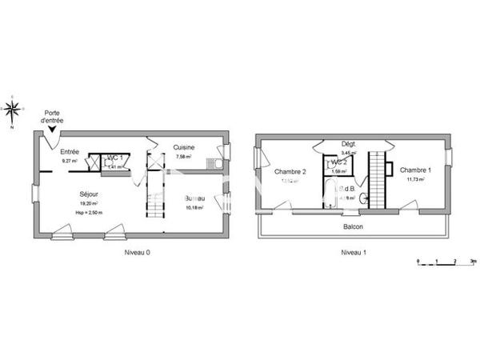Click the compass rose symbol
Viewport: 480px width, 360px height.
pyautogui.click(x=13, y=110)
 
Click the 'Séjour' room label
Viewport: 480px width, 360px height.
pyautogui.click(x=89, y=194)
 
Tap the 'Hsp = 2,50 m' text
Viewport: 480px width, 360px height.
pyautogui.click(x=89, y=212)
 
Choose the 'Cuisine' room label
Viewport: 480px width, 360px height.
pyautogui.click(x=186, y=147)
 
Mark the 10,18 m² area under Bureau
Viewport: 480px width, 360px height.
pyautogui.click(x=194, y=207)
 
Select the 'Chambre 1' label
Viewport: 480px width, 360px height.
pyautogui.click(x=416, y=170)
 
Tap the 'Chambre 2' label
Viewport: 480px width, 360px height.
pyautogui.click(x=290, y=171)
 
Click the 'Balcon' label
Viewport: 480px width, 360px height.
pyautogui.click(x=353, y=226)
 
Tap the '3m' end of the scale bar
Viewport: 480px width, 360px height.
pyautogui.click(x=474, y=261)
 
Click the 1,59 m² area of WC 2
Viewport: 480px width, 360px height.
pyautogui.click(x=338, y=171)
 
